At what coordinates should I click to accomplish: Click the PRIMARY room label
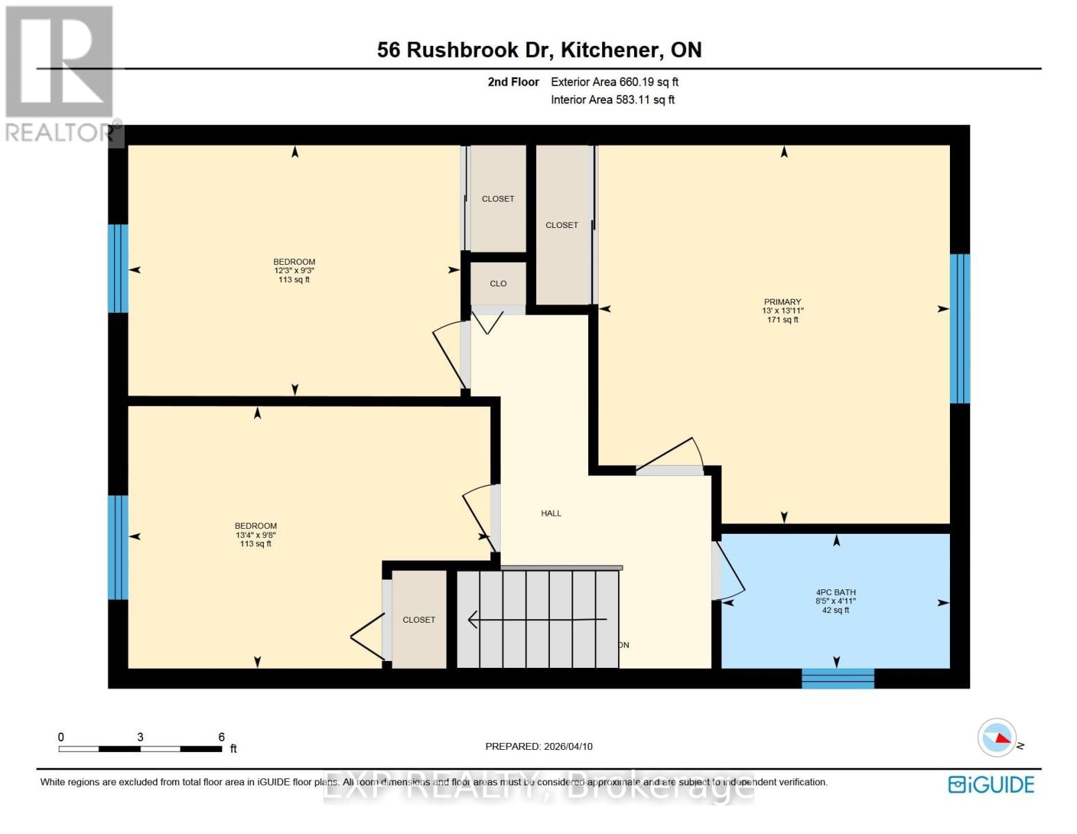[782, 302]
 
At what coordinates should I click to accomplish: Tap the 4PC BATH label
[835, 592]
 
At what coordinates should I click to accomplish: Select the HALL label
[551, 514]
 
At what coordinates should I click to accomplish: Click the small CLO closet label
[498, 284]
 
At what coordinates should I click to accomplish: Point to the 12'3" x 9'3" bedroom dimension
[294, 271]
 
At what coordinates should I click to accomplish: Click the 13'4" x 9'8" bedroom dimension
[256, 535]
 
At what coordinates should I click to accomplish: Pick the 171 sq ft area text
[783, 320]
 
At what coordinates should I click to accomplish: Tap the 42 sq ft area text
[835, 610]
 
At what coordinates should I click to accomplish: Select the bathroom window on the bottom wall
[837, 678]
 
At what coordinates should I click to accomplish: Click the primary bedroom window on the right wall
[960, 328]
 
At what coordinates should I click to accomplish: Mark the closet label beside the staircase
[419, 620]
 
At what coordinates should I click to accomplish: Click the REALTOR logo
[60, 73]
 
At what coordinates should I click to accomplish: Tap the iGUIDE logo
[991, 785]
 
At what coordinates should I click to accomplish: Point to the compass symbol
[997, 737]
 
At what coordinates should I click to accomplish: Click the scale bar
[140, 749]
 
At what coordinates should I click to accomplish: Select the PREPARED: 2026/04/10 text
[539, 746]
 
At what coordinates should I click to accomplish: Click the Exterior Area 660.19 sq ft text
[614, 82]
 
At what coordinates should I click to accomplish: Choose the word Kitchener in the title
[610, 50]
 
